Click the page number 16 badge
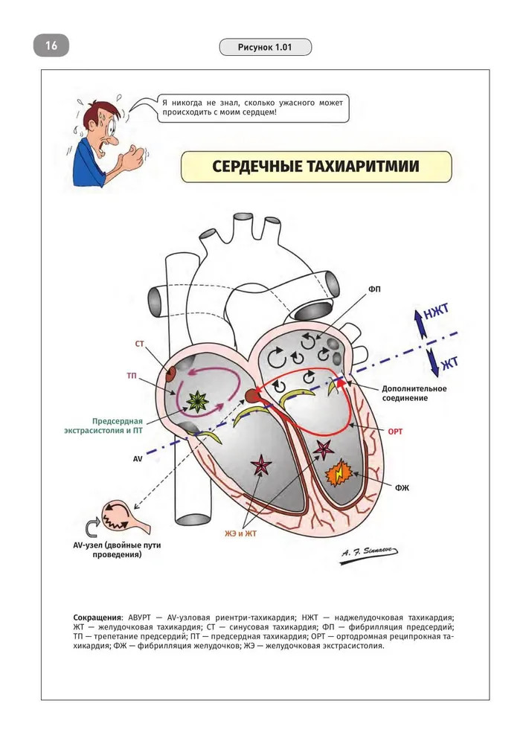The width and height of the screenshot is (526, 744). point(51,45)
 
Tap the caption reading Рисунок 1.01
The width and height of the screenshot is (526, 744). point(265,48)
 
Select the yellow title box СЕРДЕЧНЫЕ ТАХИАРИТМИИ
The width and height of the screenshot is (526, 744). point(315,167)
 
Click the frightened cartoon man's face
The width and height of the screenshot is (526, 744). point(104,128)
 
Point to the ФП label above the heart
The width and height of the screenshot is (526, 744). point(373,289)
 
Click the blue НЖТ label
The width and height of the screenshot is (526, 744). point(437,317)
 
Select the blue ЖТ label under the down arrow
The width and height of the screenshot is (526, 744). point(449,365)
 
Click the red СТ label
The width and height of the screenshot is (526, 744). point(139,344)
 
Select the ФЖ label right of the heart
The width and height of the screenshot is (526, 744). point(402,488)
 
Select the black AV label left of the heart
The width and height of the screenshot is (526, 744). point(138,460)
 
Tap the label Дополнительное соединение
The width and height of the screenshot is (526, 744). point(414,394)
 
